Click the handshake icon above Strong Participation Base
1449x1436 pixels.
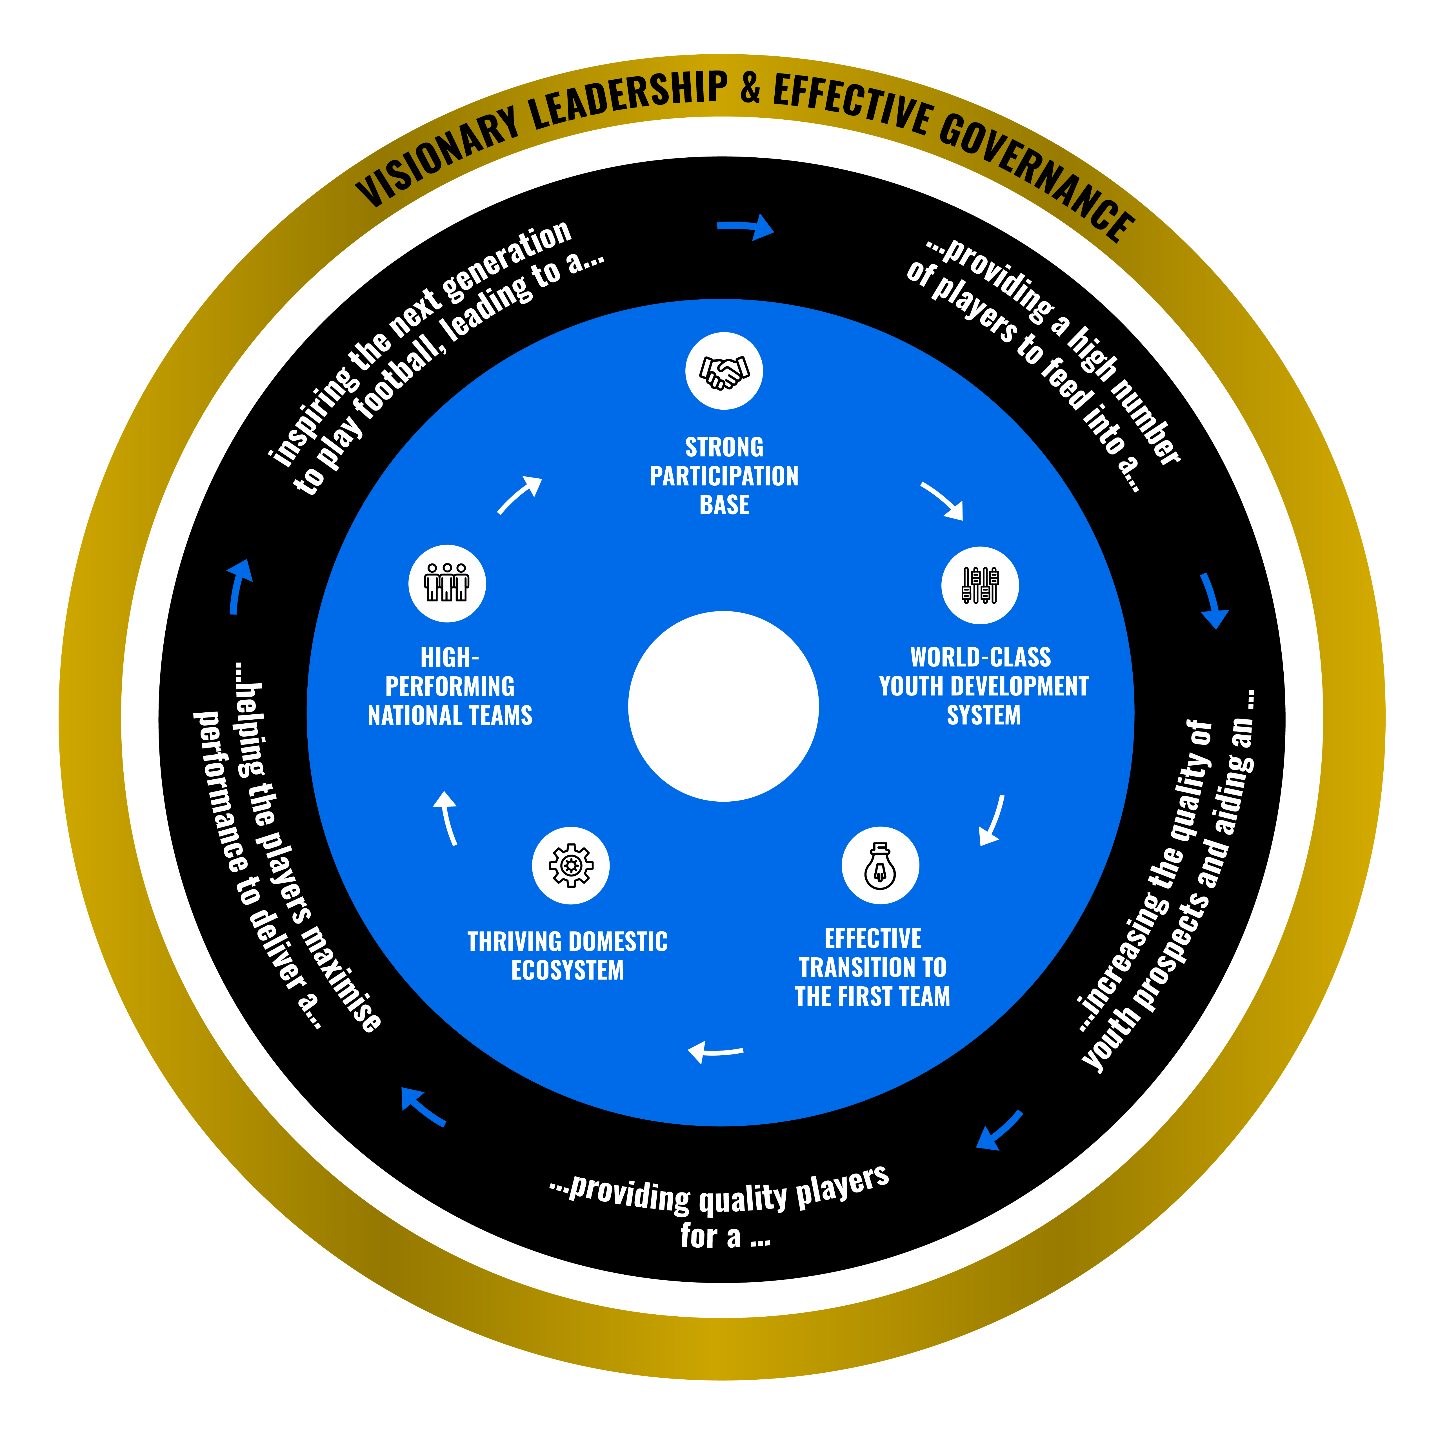[724, 371]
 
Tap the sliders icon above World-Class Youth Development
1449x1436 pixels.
[979, 585]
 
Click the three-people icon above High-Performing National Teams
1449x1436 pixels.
[447, 583]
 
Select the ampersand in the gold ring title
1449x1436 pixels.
[750, 88]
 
